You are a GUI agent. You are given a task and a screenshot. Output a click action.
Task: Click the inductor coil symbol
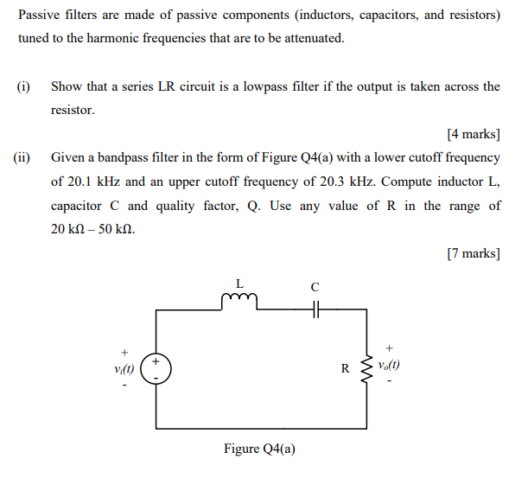click(x=239, y=299)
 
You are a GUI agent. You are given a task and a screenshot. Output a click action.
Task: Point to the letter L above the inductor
click(x=239, y=283)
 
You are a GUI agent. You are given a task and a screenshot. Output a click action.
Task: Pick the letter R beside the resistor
click(x=345, y=368)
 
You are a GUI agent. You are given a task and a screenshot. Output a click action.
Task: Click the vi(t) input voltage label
click(x=125, y=368)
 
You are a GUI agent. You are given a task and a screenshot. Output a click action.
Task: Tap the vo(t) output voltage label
click(x=390, y=365)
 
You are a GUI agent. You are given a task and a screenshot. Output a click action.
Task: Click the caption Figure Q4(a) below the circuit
click(x=259, y=449)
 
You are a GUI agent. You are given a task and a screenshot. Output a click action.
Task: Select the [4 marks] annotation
click(x=474, y=134)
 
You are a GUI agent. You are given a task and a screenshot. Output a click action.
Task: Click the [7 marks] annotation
click(x=474, y=253)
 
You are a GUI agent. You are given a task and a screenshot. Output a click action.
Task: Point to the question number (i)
click(x=24, y=86)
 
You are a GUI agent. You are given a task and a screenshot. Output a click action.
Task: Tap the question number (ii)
click(x=22, y=158)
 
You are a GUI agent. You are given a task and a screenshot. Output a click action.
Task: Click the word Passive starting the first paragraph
click(x=39, y=16)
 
